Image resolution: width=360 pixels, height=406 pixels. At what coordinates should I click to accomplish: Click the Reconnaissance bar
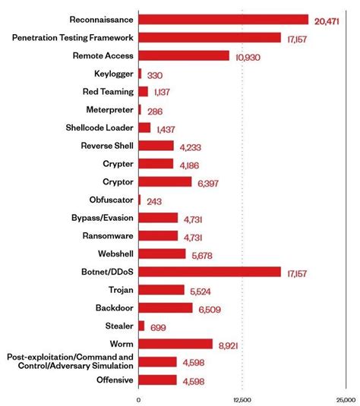click(x=223, y=19)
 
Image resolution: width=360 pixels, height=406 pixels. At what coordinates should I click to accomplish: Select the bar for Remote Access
click(x=184, y=55)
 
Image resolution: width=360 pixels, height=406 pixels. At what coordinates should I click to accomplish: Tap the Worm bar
click(x=175, y=344)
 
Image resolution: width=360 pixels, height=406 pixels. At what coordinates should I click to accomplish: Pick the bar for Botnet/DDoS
click(x=210, y=272)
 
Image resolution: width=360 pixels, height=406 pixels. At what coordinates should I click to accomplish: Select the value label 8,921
click(x=229, y=346)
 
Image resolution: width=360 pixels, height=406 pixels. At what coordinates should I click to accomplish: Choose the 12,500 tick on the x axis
click(x=242, y=399)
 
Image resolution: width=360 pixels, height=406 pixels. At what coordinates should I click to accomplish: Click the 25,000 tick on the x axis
click(x=344, y=399)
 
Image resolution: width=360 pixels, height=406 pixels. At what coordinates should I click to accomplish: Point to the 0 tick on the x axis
click(x=139, y=399)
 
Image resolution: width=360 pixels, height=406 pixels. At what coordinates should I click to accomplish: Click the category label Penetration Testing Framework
click(x=73, y=37)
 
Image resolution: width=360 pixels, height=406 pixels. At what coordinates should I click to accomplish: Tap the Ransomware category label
click(x=108, y=235)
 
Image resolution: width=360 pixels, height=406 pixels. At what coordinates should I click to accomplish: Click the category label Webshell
click(x=115, y=253)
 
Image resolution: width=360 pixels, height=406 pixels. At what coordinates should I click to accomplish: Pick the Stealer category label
click(x=118, y=326)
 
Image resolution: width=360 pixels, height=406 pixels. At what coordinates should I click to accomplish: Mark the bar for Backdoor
click(x=166, y=307)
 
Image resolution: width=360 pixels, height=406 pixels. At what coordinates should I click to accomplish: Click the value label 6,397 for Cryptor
click(x=209, y=184)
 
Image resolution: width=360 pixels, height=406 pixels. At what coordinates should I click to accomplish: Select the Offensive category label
click(x=112, y=379)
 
